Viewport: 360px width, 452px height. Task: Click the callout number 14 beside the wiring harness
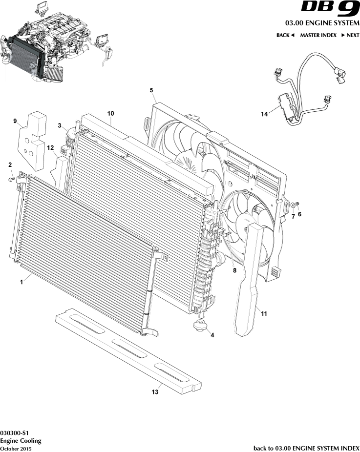point(264,114)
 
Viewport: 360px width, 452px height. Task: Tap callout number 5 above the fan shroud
point(151,90)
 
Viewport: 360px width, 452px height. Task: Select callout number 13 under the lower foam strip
point(155,391)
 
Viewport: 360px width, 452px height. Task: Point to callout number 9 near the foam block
point(15,121)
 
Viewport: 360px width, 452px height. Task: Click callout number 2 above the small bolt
point(10,165)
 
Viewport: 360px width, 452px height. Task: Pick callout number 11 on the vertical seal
point(264,314)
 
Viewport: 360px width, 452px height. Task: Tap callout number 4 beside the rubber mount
point(212,335)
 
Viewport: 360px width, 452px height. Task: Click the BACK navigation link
point(285,35)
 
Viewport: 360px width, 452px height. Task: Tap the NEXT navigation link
point(350,35)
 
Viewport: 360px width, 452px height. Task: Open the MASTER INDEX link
point(318,35)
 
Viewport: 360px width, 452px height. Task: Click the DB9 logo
point(330,9)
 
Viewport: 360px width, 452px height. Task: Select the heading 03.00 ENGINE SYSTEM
point(322,23)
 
